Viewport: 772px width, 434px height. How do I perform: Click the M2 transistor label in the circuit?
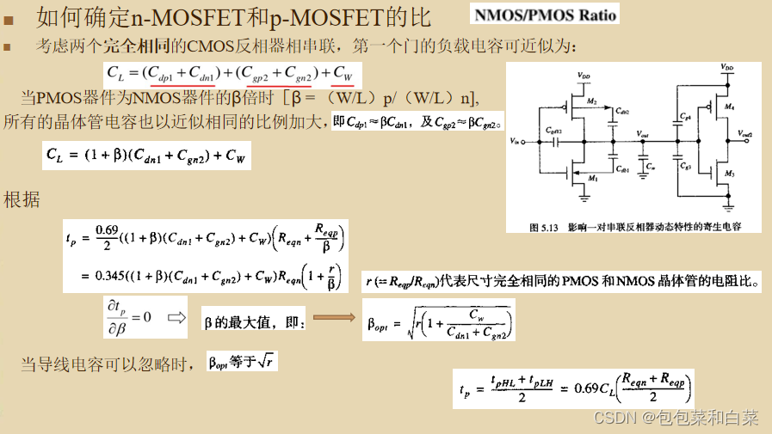592,102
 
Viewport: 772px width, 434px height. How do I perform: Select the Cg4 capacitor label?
685,116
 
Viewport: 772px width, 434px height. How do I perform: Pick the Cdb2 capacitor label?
623,113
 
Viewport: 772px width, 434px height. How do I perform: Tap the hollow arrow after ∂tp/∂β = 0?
176,317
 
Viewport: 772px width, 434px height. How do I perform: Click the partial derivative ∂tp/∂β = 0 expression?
128,317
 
